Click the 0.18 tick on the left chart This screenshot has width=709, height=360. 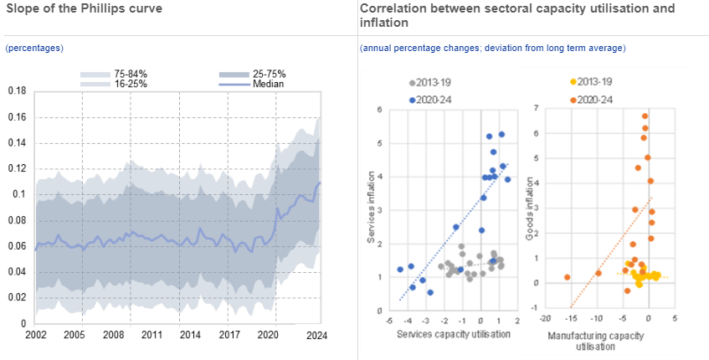point(16,90)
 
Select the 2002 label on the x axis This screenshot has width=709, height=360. point(35,336)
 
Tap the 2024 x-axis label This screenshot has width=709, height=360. point(316,336)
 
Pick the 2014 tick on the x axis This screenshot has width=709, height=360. point(191,336)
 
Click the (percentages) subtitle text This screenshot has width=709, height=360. point(34,49)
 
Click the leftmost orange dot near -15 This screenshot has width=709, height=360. point(568,277)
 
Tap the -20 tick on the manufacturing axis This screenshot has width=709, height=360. point(545,319)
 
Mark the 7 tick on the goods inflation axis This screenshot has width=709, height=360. point(536,109)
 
